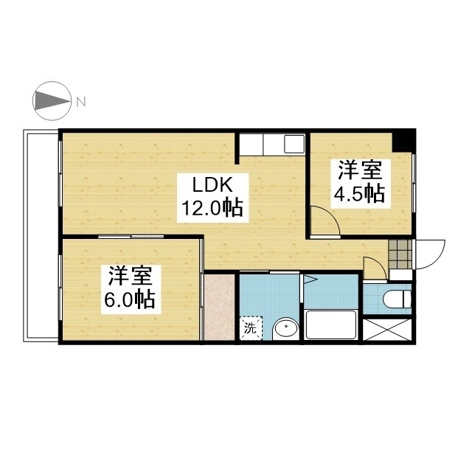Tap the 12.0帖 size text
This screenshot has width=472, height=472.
212,208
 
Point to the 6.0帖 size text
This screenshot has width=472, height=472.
130,299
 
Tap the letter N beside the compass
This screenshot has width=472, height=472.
81,102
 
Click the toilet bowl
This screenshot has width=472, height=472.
397,299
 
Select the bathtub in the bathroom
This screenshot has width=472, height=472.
331,325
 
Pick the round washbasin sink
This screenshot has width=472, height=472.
285,328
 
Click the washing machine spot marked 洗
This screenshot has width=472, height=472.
251,328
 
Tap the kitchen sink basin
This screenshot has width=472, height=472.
294,144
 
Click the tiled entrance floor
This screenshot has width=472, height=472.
400,254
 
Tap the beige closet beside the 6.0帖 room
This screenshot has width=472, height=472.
219,307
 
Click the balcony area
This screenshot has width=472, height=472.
41,236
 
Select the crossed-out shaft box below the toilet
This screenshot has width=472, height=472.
387,330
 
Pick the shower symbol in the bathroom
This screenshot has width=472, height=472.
310,279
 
